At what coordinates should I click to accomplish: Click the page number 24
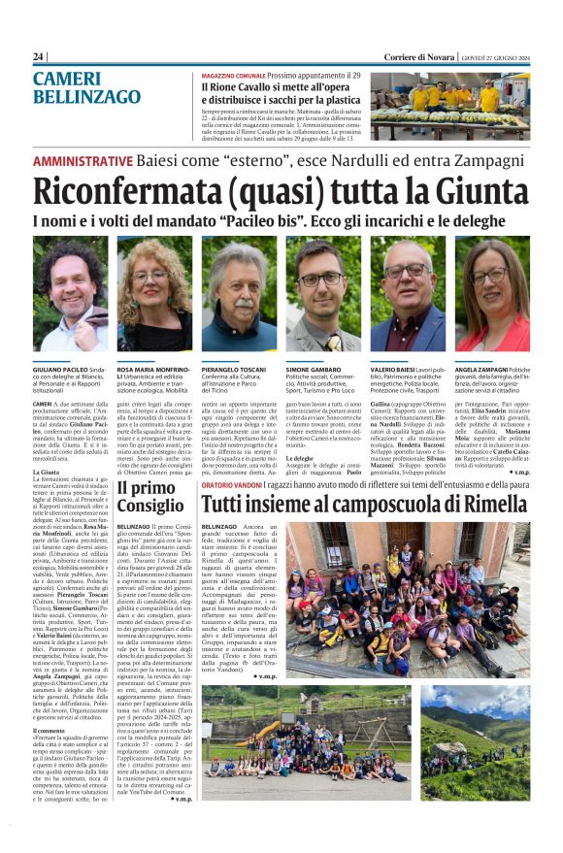click(39, 57)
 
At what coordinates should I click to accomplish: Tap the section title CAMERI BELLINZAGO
click(86, 87)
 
